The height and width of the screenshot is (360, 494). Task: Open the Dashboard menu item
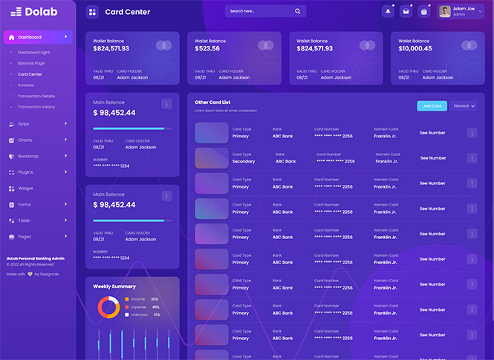[x=30, y=37]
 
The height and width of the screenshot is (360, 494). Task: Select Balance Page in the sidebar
[x=31, y=63]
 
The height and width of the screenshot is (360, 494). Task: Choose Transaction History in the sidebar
[x=36, y=107]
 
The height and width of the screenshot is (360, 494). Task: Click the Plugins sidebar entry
[x=25, y=172]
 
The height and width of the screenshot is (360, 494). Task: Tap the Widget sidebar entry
[x=25, y=189]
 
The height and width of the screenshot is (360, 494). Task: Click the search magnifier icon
[x=298, y=12]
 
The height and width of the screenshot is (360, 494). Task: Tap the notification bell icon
[x=389, y=12]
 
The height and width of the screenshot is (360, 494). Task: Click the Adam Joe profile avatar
[x=445, y=12]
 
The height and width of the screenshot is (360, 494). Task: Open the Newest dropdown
[x=464, y=106]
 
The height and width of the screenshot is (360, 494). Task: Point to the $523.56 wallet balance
[x=208, y=48]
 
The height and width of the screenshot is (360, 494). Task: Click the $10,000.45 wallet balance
[x=415, y=48]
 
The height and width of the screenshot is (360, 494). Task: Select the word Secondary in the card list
[x=244, y=161]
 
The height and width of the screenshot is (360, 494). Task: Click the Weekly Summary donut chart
[x=108, y=307]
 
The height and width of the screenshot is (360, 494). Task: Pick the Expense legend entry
[x=138, y=307]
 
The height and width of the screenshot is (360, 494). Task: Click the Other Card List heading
[x=212, y=102]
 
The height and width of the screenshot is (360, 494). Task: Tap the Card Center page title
[x=128, y=12]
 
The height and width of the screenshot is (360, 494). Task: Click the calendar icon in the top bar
[x=423, y=12]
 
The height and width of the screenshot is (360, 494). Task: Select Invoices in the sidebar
[x=26, y=85]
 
